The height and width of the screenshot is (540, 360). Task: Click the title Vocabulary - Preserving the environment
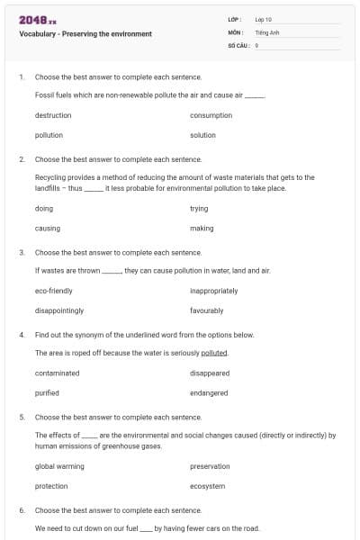coord(85,34)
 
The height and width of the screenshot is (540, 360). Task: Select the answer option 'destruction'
coord(53,115)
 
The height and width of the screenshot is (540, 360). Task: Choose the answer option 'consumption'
coord(211,115)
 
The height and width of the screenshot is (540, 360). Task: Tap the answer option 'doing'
coord(44,209)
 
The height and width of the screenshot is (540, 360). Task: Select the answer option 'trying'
coord(199,209)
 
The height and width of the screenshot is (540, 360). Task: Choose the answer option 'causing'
coord(48,229)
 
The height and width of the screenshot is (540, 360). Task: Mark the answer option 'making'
coord(202,229)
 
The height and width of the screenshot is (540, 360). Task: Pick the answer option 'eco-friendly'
coord(54,291)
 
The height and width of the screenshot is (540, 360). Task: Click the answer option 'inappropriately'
coord(213,291)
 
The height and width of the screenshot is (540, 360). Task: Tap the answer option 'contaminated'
coord(57,373)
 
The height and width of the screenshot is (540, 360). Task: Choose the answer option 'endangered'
coord(209,393)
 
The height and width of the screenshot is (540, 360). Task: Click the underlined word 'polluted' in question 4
coord(214,353)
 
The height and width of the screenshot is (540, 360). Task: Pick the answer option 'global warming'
coord(59,466)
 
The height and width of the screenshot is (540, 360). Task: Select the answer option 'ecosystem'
coord(207,486)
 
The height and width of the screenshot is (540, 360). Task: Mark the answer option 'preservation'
coord(210,466)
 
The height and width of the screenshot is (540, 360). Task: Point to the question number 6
coord(21,510)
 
